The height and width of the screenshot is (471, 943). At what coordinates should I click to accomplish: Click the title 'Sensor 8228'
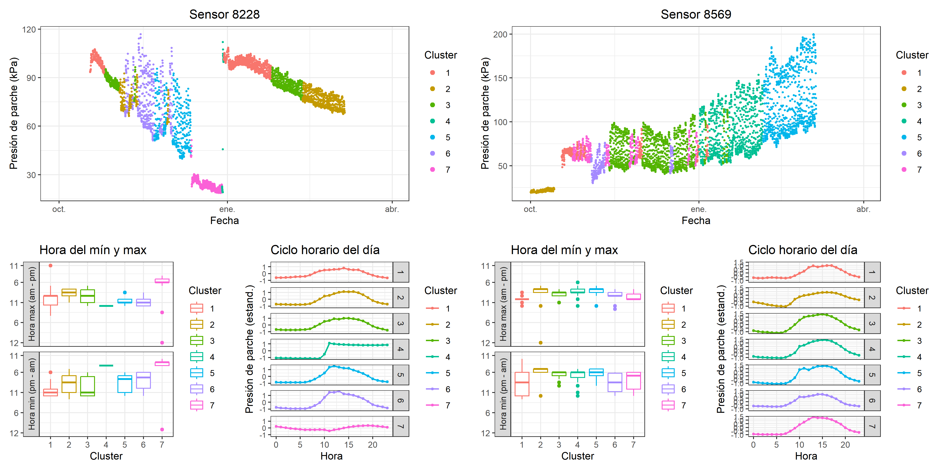click(224, 14)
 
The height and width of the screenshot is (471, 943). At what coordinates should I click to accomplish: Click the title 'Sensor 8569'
click(696, 14)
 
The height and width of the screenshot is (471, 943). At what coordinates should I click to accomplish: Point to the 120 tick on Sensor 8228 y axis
click(29, 30)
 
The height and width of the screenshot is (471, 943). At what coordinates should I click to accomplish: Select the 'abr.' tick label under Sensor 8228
click(392, 209)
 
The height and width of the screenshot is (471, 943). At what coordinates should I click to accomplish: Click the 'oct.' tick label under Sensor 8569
click(530, 209)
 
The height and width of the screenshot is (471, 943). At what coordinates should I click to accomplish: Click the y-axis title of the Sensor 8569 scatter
click(485, 113)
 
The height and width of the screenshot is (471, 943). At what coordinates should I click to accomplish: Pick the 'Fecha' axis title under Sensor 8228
click(224, 220)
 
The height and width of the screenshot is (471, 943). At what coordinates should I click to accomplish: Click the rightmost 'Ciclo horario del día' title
click(802, 250)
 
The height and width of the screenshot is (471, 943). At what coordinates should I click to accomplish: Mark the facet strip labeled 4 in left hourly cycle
click(401, 349)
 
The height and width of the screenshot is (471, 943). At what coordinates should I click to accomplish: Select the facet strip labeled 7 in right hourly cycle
click(872, 426)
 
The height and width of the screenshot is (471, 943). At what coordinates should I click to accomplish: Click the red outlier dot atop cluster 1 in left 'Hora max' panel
click(51, 266)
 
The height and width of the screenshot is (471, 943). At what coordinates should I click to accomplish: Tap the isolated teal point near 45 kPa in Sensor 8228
click(223, 149)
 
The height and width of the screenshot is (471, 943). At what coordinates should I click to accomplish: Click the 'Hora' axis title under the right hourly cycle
click(806, 456)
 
